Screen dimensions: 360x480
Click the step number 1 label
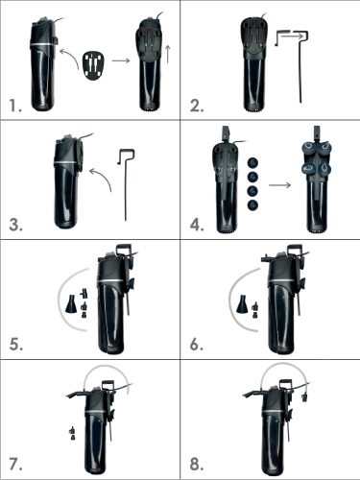[x=15, y=106]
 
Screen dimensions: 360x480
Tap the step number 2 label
[x=197, y=106]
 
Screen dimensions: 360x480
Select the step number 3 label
[x=15, y=225]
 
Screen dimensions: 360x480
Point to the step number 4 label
[x=197, y=225]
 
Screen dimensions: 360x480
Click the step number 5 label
[x=15, y=345]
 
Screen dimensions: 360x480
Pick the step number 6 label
[x=197, y=345]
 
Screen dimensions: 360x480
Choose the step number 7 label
[x=15, y=465]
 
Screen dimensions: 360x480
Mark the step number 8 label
[x=197, y=465]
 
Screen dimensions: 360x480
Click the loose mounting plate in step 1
[x=94, y=65]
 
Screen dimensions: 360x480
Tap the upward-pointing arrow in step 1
[x=168, y=54]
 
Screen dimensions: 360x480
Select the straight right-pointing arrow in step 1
[x=121, y=60]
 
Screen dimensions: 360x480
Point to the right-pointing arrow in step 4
[x=279, y=185]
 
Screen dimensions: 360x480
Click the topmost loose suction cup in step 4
[x=252, y=162]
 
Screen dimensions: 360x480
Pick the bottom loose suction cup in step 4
[x=252, y=205]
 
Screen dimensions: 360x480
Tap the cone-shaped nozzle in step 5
[x=71, y=303]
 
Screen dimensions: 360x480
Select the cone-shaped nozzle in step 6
[x=242, y=304]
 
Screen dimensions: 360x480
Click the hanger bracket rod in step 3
[x=126, y=184]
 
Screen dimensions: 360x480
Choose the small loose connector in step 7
[x=73, y=434]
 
